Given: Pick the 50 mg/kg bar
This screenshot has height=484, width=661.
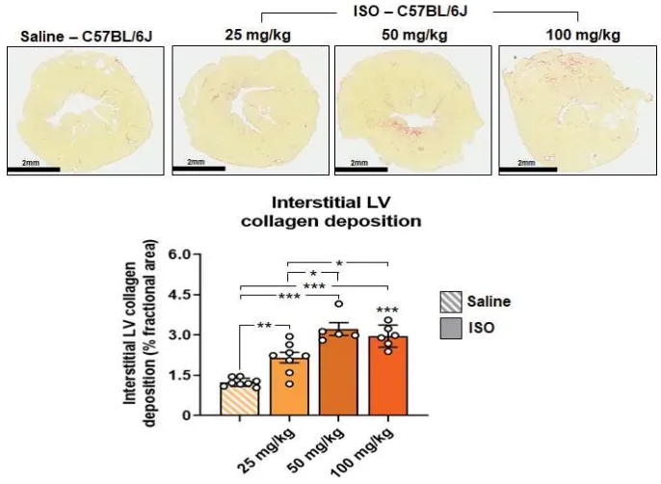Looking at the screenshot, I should pyautogui.click(x=338, y=372).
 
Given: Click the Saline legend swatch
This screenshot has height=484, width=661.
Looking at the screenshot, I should pyautogui.click(x=449, y=301).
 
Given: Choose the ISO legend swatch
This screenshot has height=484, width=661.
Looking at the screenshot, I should pyautogui.click(x=449, y=328).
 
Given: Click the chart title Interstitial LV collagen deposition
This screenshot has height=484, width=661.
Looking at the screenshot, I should pyautogui.click(x=332, y=212).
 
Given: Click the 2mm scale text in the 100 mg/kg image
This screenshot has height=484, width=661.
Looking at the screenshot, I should pyautogui.click(x=526, y=162).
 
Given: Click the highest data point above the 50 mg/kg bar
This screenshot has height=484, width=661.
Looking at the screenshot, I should pyautogui.click(x=338, y=305).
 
